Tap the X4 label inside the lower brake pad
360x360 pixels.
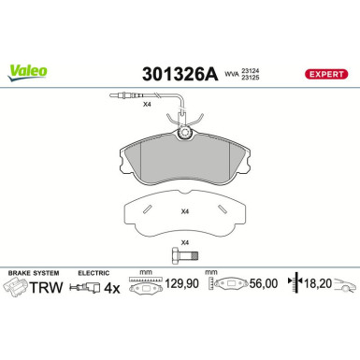tap(184, 210)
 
